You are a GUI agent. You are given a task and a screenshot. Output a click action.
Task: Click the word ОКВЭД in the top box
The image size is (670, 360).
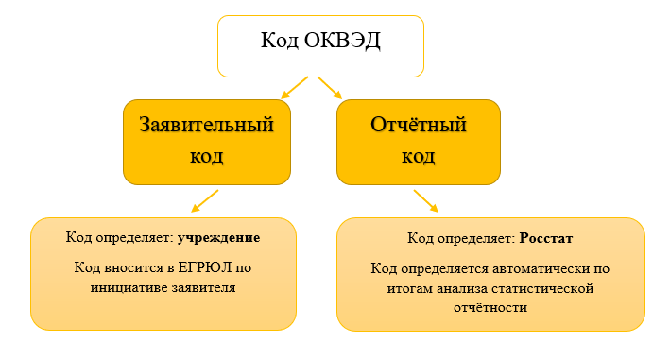(x=342, y=41)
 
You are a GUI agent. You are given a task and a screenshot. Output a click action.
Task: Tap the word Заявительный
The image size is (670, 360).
(x=206, y=125)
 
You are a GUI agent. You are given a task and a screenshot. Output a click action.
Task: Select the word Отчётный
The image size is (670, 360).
(x=419, y=125)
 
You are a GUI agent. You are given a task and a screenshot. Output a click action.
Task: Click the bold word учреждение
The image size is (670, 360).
(x=219, y=238)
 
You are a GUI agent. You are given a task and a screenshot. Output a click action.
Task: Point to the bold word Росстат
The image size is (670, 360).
(x=545, y=238)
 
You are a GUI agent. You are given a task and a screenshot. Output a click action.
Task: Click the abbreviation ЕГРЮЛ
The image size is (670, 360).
(x=205, y=267)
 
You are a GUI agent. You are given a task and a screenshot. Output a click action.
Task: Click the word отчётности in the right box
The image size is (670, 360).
(x=490, y=307)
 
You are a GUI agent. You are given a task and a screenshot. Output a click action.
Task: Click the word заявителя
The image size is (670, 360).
(x=204, y=288)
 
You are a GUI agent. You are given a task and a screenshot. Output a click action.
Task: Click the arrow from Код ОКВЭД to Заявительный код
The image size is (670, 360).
(x=295, y=88)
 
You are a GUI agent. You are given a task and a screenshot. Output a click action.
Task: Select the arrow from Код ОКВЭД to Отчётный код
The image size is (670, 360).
(x=330, y=88)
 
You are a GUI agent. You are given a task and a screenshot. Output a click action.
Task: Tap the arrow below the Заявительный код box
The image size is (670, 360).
(x=205, y=200)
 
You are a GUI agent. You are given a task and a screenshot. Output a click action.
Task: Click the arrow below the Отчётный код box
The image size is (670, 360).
(x=426, y=200)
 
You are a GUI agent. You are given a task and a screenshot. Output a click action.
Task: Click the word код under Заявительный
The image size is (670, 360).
(x=206, y=157)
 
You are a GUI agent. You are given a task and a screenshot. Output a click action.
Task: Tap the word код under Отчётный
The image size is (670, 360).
(x=419, y=157)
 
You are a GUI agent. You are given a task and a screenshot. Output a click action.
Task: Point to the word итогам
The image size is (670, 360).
(x=410, y=289)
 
